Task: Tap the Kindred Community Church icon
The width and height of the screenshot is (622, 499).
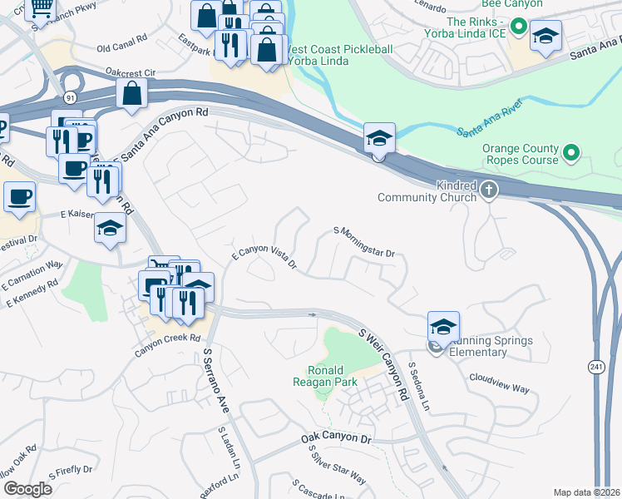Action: (489, 190)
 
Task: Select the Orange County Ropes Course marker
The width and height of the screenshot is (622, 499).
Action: (570, 152)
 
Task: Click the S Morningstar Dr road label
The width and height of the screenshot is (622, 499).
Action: (363, 241)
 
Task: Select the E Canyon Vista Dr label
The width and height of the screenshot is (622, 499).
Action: (264, 257)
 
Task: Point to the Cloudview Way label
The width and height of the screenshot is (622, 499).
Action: (499, 388)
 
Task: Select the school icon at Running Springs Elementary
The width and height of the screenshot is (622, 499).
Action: (444, 326)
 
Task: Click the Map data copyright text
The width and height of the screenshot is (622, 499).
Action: (586, 492)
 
